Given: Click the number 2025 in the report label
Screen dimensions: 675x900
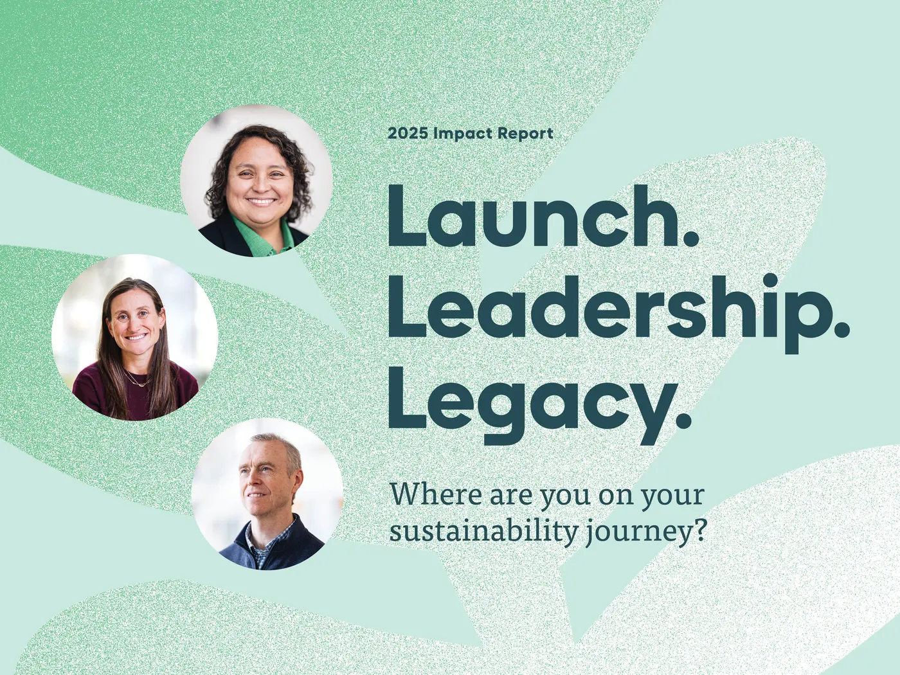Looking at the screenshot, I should tap(408, 134).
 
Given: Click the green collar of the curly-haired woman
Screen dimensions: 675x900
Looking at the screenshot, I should tap(257, 238).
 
